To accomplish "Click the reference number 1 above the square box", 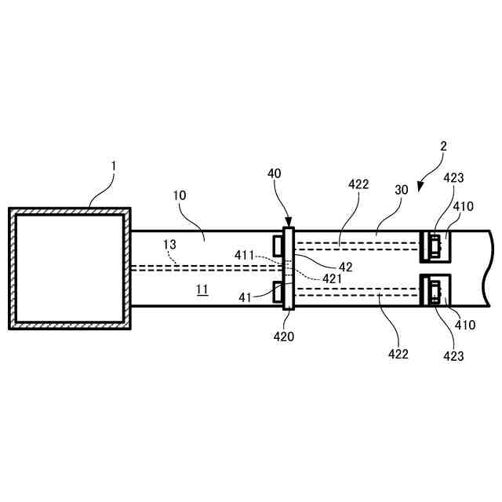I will pyautogui.click(x=113, y=166).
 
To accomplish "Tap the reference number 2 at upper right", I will pyautogui.click(x=443, y=146).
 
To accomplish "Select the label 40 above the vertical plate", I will pyautogui.click(x=274, y=173).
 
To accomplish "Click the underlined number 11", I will pyautogui.click(x=202, y=289).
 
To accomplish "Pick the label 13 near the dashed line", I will pyautogui.click(x=170, y=245).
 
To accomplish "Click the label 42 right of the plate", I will pyautogui.click(x=345, y=267).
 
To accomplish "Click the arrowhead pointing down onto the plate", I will pyautogui.click(x=288, y=223).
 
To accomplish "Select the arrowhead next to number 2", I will pyautogui.click(x=420, y=187).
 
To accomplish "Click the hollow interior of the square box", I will pyautogui.click(x=69, y=267).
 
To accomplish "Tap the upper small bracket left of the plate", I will pyautogui.click(x=278, y=245).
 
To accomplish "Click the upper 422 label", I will pyautogui.click(x=358, y=184).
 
